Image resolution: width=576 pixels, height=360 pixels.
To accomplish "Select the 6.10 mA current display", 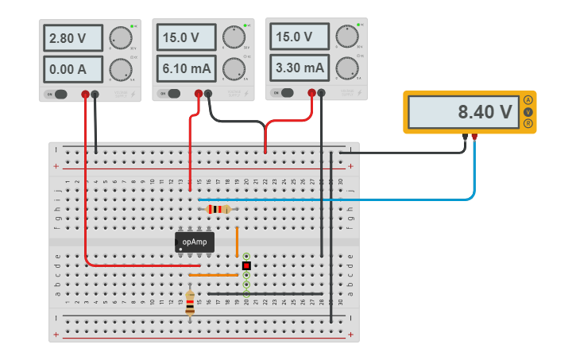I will click(186, 69).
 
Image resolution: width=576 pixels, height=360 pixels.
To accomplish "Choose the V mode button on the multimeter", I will click(528, 112).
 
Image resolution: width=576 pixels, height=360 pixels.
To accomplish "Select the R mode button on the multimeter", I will click(528, 123).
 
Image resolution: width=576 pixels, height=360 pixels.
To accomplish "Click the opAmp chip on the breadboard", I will click(195, 242).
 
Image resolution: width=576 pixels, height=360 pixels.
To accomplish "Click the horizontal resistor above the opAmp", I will click(218, 209).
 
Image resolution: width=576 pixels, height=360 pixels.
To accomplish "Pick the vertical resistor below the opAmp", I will click(190, 302).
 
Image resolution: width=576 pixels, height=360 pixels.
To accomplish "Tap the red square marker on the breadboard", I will click(246, 265).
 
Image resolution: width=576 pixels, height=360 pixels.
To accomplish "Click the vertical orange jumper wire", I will click(237, 242).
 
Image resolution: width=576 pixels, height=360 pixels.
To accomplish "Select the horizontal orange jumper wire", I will click(213, 275).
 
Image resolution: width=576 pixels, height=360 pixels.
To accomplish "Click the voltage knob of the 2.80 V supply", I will click(120, 38).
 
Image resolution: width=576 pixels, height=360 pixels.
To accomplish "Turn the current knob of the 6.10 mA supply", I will click(234, 68).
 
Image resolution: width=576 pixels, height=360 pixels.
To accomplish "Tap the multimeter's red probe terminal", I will click(474, 137).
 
